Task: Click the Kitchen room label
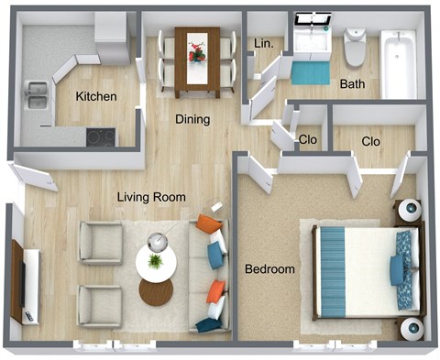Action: (x=95, y=97)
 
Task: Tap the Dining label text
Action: (x=193, y=119)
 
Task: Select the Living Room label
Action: (x=151, y=197)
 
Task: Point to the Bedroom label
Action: (x=269, y=269)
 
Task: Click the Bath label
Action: (x=352, y=84)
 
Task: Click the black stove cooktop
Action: (x=101, y=137)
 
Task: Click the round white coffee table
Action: (x=157, y=261)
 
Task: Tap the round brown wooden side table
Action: (x=156, y=291)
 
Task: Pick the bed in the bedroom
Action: (x=363, y=271)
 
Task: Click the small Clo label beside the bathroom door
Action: (x=310, y=140)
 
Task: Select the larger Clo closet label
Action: (x=371, y=142)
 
